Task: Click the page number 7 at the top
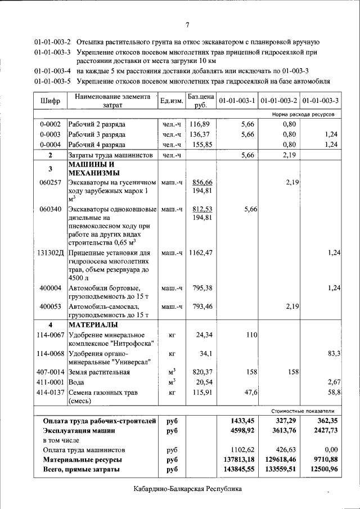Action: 187,24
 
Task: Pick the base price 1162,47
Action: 201,253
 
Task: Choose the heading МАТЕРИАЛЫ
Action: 93,325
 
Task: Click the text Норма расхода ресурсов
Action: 303,114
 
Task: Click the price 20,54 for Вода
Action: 202,382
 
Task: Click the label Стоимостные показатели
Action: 304,411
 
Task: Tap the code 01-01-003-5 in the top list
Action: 52,80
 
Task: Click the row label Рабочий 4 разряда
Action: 97,144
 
